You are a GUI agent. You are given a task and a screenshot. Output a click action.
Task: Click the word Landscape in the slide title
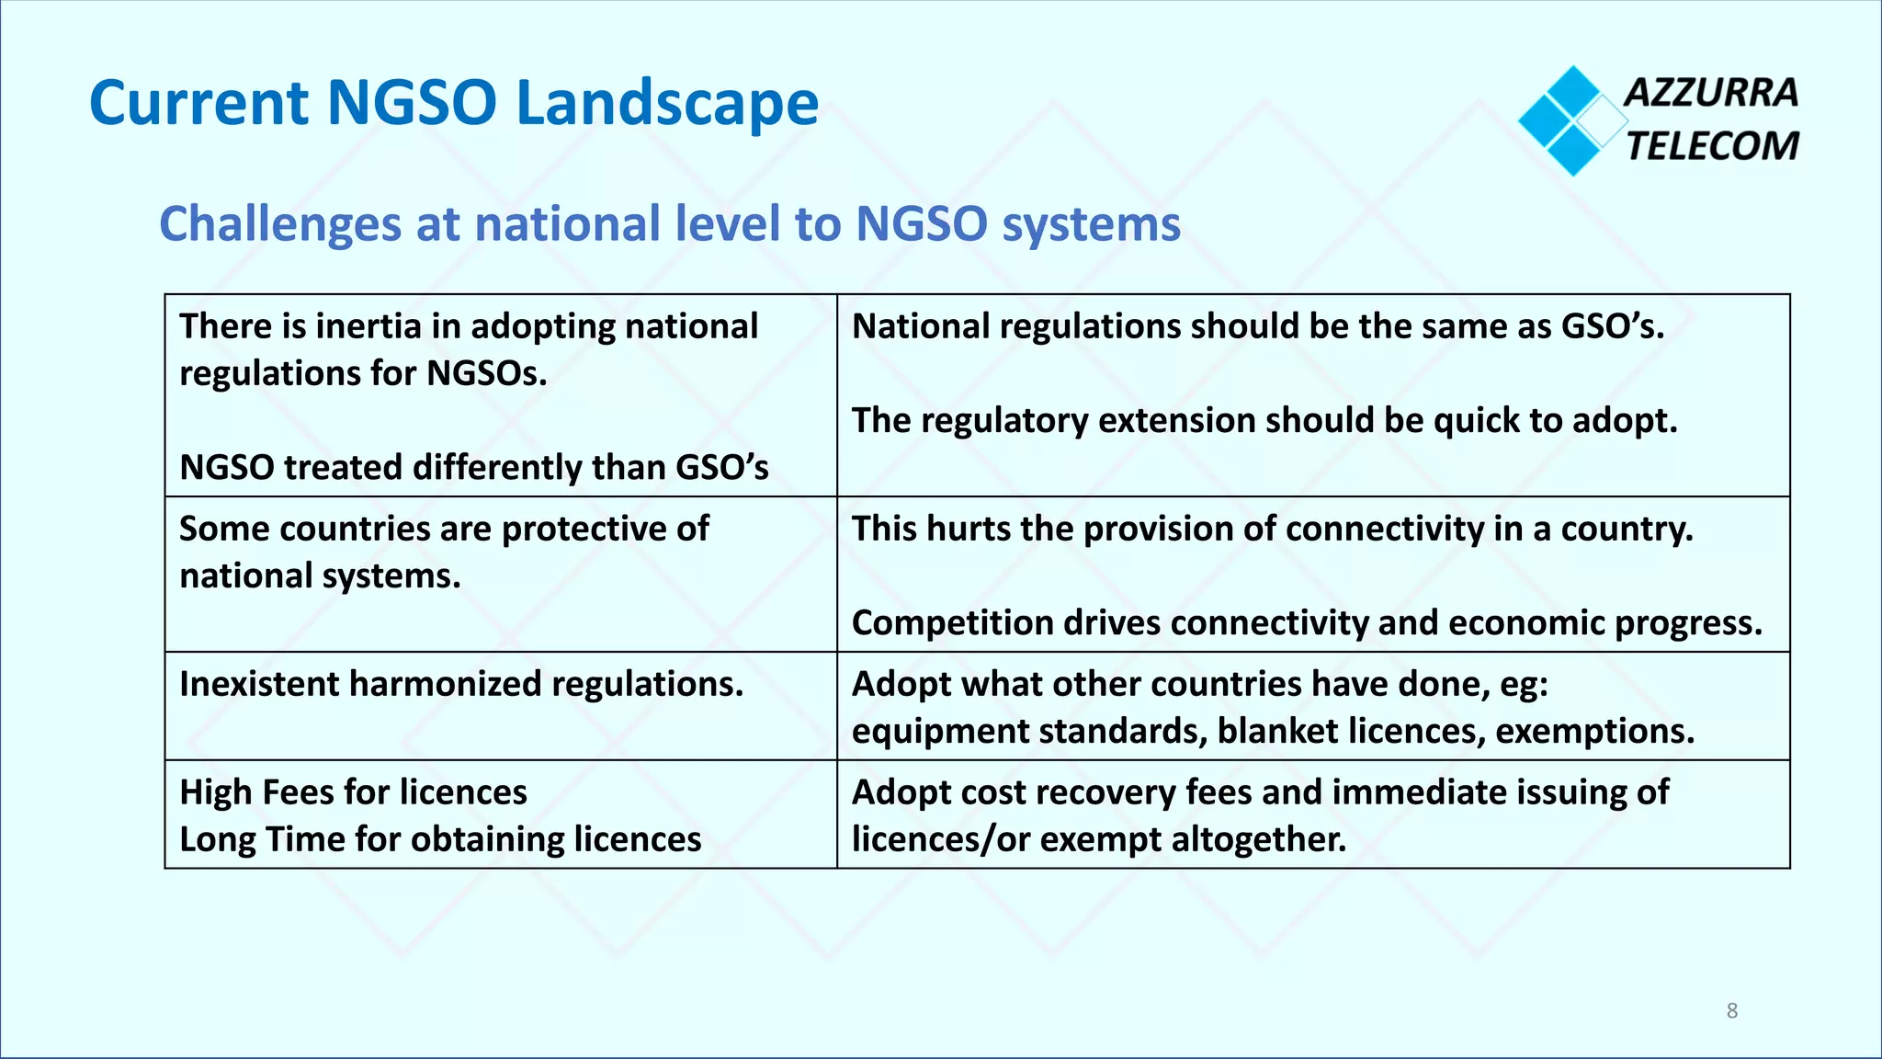(667, 103)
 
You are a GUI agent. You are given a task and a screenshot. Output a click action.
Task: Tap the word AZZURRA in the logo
(1710, 93)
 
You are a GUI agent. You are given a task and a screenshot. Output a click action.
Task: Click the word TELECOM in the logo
(1712, 146)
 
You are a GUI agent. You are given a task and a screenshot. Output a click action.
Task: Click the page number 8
(1732, 1011)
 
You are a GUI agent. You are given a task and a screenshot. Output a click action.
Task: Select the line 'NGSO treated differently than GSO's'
(473, 467)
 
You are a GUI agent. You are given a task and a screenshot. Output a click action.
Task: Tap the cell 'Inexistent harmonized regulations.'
(461, 685)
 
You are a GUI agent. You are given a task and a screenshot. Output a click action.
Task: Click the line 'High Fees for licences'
(353, 792)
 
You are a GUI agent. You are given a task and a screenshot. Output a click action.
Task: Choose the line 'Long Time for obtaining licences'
(440, 839)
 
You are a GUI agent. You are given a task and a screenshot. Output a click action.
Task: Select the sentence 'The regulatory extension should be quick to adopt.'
(1264, 421)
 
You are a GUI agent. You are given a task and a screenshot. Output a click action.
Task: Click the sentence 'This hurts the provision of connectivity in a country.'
(1272, 529)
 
